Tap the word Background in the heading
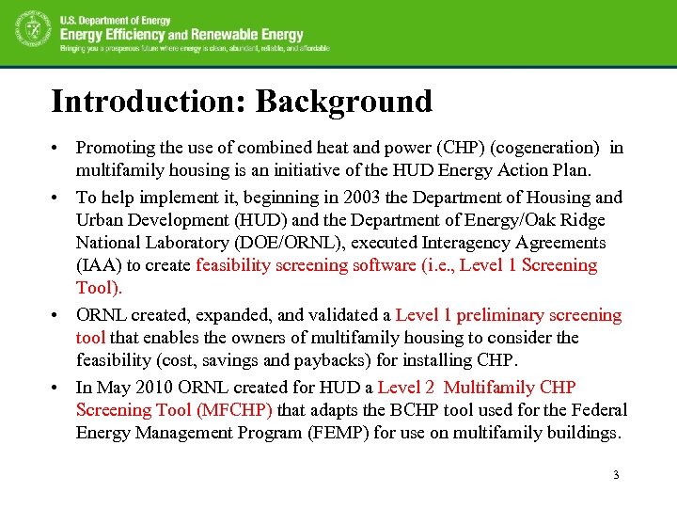tap(343, 101)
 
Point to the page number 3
tap(616, 474)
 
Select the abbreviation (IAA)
tap(99, 265)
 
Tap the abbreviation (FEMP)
tap(330, 433)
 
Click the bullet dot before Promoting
tap(58, 149)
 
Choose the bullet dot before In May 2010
tap(58, 388)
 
